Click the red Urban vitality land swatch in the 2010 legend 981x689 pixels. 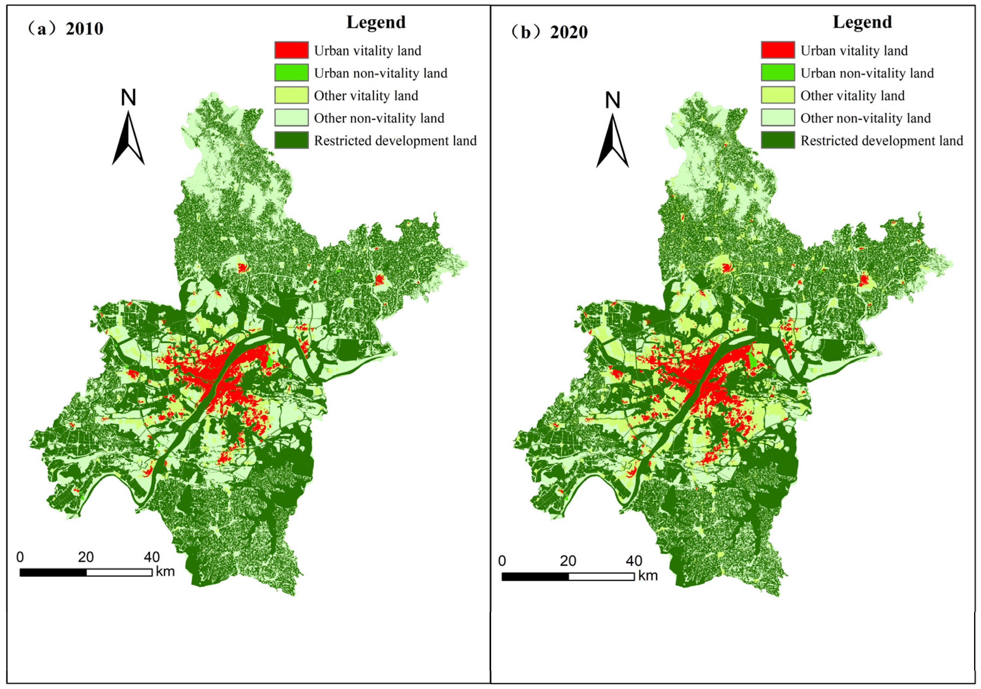tap(292, 50)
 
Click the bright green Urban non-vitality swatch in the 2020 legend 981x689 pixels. tap(778, 72)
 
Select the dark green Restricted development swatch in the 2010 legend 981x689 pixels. tap(292, 140)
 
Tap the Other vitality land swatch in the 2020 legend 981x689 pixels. tap(778, 95)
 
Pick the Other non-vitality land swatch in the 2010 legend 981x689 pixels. tap(292, 117)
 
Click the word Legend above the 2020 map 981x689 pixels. tap(862, 22)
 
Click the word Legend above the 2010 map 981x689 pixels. tap(376, 22)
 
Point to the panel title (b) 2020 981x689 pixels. tap(550, 32)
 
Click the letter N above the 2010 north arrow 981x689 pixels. tap(128, 98)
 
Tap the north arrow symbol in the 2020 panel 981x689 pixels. tap(612, 141)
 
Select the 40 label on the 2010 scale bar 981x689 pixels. tap(152, 557)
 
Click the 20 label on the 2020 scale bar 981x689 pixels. tap(568, 561)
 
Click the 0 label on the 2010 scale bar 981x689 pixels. tap(20, 557)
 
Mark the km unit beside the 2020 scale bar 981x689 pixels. tap(648, 576)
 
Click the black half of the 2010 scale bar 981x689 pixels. tap(53, 572)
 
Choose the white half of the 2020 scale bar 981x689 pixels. tap(601, 577)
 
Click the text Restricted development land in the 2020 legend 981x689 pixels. tap(882, 141)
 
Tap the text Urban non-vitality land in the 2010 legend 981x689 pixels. tap(380, 73)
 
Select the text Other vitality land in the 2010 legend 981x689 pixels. tap(366, 96)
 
